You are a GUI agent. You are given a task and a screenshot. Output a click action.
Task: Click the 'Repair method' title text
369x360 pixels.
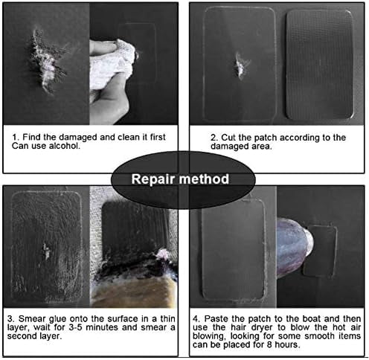coord(180,179)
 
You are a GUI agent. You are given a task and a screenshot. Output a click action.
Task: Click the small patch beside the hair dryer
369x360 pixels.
coord(319,251)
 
